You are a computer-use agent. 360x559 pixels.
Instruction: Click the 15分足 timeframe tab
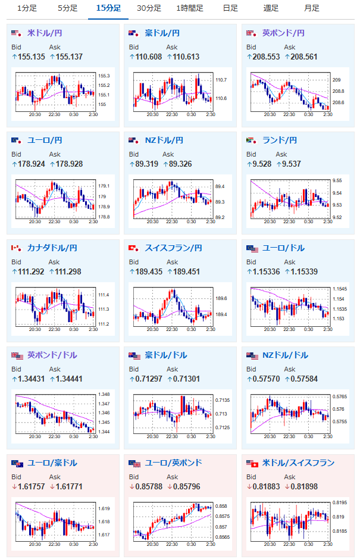108,8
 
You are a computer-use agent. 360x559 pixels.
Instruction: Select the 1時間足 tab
190,8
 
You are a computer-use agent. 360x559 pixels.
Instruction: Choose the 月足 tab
312,8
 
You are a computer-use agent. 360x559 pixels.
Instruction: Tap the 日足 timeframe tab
230,8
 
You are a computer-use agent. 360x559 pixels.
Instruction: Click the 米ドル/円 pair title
45,33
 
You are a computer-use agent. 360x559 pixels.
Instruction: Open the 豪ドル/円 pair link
162,33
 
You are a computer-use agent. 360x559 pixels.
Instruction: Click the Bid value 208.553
266,57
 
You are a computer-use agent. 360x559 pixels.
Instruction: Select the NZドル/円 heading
164,140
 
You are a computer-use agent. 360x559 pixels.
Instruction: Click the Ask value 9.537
291,164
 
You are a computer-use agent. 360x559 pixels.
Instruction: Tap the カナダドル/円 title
52,248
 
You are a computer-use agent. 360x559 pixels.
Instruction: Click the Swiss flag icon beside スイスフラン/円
133,248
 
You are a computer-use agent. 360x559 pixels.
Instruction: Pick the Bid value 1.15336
266,271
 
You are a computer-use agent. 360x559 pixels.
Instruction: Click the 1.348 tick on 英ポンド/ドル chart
104,394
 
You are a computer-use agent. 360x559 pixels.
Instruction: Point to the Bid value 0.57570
266,379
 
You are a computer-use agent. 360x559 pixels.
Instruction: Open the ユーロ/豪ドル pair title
52,463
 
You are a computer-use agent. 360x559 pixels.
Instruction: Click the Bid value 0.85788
149,486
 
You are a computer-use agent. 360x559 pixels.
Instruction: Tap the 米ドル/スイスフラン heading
298,463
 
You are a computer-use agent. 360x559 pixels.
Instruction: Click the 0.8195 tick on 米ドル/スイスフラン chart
340,502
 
